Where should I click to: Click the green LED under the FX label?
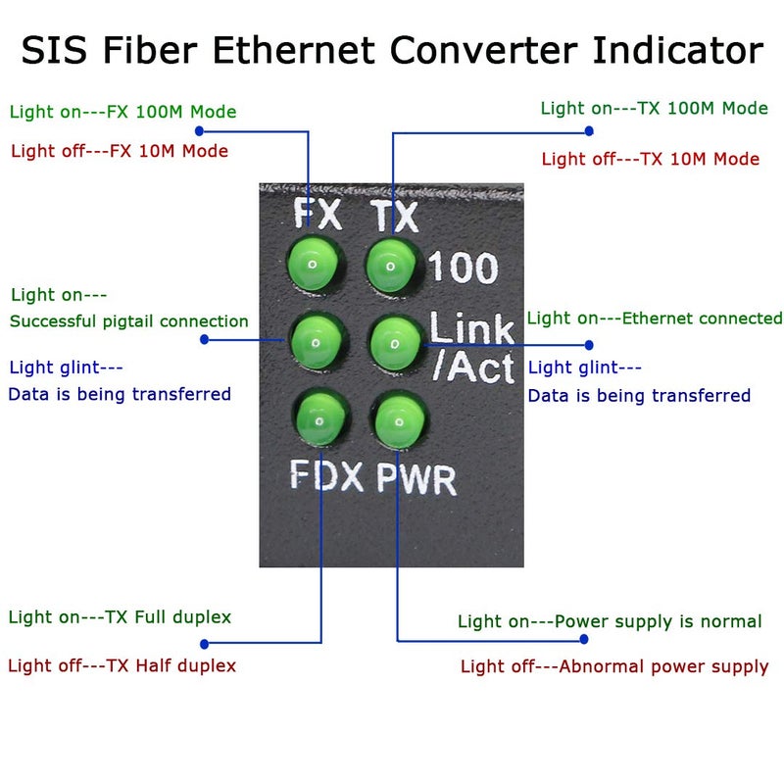point(311,264)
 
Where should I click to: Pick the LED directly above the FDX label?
point(321,418)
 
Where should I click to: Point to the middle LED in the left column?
point(316,341)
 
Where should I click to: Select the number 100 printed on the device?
point(464,268)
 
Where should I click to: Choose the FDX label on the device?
point(328,475)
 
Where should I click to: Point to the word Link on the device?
point(471,327)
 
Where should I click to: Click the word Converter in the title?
point(550,50)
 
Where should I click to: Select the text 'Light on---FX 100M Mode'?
point(122,112)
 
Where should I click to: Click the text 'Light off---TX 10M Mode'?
point(650,159)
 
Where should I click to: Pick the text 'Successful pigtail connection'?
point(128,321)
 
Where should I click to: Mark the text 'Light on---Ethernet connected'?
point(655,318)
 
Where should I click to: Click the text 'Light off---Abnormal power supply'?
point(614,666)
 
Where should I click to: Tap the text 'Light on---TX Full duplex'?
point(120,617)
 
